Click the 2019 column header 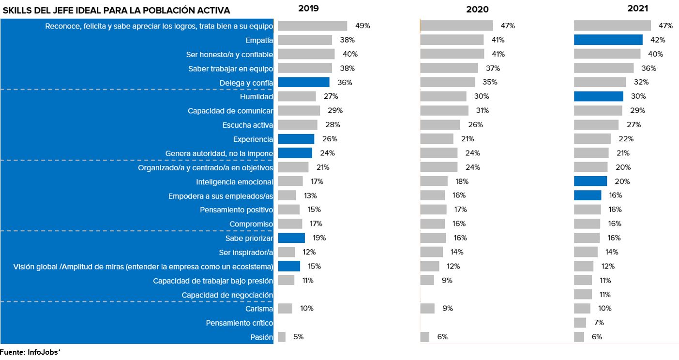[309, 8]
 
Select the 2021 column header [638, 8]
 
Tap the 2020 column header [477, 9]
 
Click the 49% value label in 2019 [362, 26]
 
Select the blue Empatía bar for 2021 [608, 40]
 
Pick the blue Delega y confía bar [303, 82]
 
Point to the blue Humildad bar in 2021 [598, 96]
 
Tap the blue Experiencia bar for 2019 [296, 139]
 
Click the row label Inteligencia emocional [235, 182]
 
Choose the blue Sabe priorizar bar [291, 238]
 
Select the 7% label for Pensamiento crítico [598, 323]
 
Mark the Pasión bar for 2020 [424, 337]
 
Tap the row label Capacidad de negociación [227, 295]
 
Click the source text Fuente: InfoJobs [30, 352]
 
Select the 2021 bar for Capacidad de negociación [583, 294]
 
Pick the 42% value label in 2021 [658, 40]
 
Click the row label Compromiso [251, 224]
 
